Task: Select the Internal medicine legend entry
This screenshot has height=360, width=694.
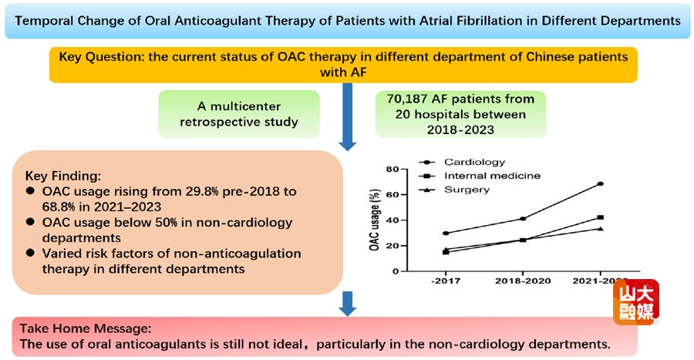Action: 491,176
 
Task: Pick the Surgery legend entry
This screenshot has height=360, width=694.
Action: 467,190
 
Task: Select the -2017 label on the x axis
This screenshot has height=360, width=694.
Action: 446,283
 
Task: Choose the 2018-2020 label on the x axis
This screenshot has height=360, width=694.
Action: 523,283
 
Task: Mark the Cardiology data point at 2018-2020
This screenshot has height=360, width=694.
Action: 523,219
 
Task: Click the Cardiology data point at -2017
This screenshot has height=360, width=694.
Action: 446,233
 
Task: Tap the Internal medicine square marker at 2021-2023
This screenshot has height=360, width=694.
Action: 599,217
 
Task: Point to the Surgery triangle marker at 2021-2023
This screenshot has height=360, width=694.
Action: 599,228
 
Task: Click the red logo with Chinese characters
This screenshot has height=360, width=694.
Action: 636,301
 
